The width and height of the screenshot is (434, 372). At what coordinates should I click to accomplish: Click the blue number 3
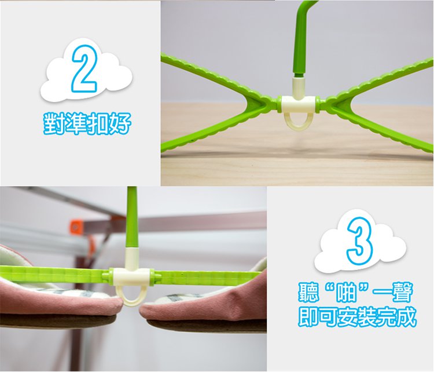click(x=360, y=240)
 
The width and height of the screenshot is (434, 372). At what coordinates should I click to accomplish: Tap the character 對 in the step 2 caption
click(x=54, y=123)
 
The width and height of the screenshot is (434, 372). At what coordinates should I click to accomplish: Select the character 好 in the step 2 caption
click(x=120, y=123)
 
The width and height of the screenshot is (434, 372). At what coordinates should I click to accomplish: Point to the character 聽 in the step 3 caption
click(x=309, y=293)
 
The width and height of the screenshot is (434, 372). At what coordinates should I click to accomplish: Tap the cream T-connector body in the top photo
click(x=298, y=104)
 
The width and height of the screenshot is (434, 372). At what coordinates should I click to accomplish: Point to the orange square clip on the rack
click(x=75, y=227)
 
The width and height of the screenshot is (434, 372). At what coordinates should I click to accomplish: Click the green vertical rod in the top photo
click(x=301, y=39)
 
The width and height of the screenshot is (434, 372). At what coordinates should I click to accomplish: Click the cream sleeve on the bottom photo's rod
click(x=132, y=258)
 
